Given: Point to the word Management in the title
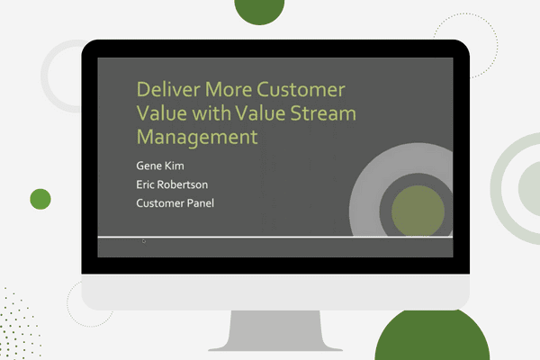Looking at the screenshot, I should click(x=196, y=137).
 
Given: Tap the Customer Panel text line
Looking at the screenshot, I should click(x=175, y=202).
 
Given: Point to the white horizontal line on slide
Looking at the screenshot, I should click(x=270, y=237).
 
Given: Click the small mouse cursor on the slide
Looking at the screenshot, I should click(x=144, y=240).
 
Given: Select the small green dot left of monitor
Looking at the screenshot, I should click(x=40, y=199).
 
